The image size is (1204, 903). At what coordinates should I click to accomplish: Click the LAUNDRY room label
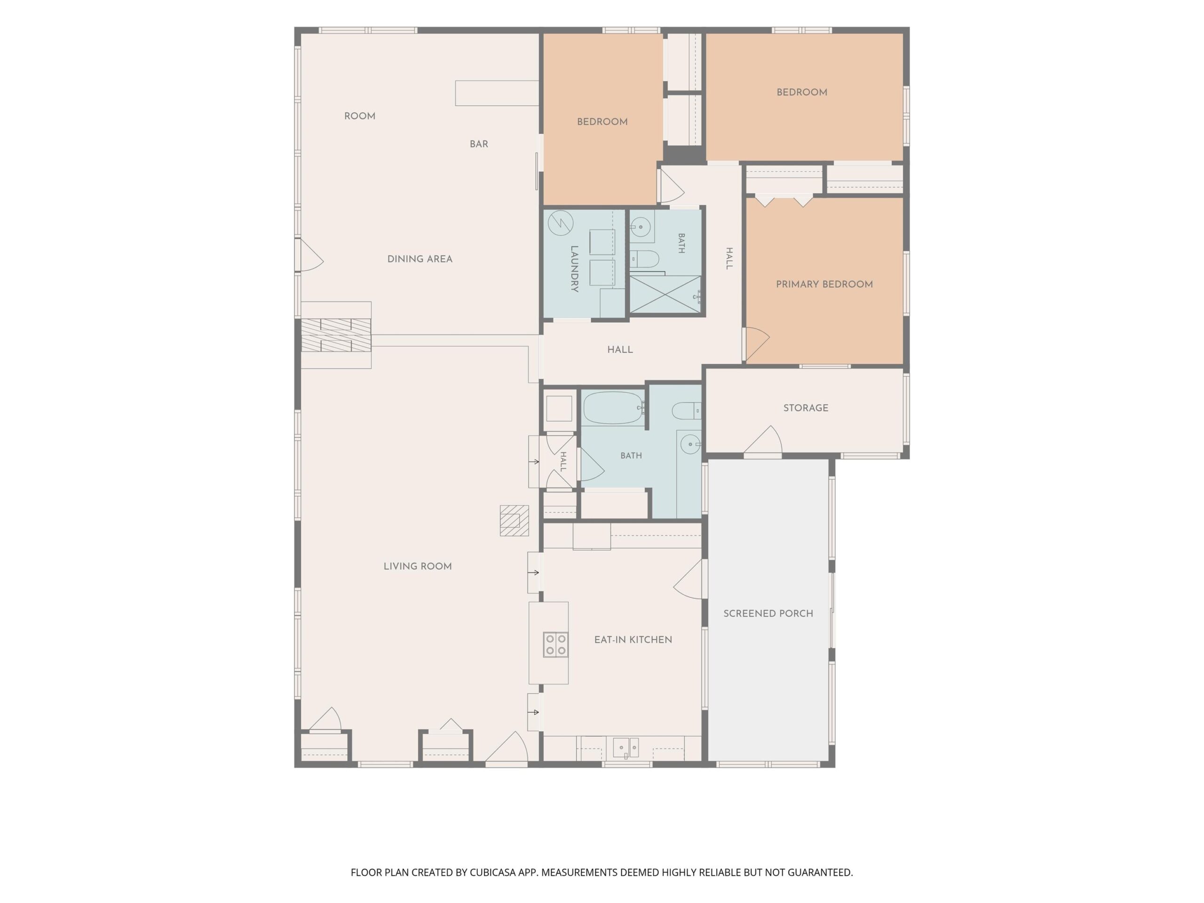pos(574,269)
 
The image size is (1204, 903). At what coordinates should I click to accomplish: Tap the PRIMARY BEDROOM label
pos(824,284)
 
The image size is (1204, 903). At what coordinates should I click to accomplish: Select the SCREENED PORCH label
pos(768,613)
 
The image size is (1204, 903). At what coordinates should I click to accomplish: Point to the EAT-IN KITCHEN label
pos(633,640)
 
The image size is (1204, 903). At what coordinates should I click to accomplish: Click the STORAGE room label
pos(806,408)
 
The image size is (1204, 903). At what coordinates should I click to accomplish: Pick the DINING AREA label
pos(420,259)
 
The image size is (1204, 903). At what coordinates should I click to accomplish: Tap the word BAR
pos(478,144)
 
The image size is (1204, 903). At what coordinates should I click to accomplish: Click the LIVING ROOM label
pos(418,566)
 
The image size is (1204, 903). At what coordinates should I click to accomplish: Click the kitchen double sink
pos(626,747)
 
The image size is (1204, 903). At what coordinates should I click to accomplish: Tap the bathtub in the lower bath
pos(613,408)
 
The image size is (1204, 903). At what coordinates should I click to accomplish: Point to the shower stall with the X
pos(665,294)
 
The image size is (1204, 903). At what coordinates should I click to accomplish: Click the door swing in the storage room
pos(764,439)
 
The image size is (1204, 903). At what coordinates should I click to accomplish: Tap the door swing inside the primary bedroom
pos(757,344)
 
